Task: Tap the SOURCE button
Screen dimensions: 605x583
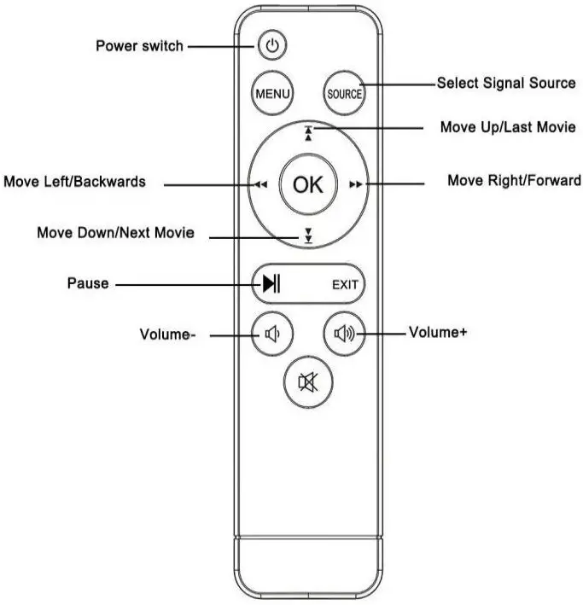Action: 345,94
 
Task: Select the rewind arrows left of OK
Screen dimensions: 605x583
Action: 259,184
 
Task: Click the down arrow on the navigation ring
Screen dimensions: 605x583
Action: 308,236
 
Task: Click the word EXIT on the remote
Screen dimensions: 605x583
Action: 345,285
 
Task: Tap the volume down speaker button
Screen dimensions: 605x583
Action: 271,334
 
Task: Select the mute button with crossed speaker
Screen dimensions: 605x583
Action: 307,382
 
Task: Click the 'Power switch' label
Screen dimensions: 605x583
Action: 139,46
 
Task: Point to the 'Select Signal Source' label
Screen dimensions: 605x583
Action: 506,84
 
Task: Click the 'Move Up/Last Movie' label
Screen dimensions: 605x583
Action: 507,127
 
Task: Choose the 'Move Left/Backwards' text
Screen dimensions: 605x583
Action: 74,182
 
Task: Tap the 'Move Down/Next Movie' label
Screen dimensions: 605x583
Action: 115,232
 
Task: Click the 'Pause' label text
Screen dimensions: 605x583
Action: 88,283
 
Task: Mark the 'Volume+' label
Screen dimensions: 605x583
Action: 438,333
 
